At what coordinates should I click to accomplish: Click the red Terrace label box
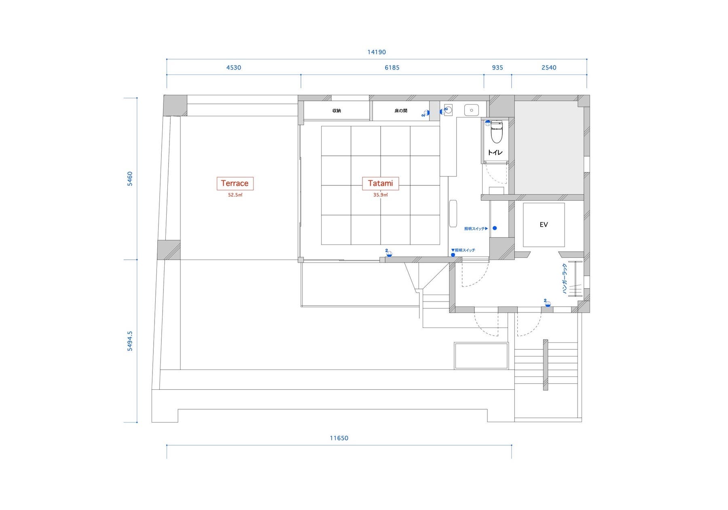235,183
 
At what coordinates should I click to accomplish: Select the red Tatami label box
380,183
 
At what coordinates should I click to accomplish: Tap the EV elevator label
544,225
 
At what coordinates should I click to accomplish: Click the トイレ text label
495,153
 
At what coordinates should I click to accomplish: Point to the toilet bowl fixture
496,132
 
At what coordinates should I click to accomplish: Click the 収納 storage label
336,110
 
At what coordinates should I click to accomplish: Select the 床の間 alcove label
400,110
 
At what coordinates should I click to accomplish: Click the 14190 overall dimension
377,52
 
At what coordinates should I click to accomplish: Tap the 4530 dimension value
234,68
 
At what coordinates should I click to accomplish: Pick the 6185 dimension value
392,68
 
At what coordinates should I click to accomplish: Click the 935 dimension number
497,68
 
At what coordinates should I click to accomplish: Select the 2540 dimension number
549,68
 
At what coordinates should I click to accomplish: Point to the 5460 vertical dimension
130,178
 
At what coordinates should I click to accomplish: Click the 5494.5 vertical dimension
130,341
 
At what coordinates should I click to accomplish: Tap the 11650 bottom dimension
339,438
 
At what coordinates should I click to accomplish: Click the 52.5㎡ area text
235,195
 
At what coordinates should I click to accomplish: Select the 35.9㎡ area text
380,195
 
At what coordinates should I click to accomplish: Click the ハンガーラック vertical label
565,278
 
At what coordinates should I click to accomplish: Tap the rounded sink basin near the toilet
472,110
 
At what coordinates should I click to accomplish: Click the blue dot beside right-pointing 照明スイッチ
495,228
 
